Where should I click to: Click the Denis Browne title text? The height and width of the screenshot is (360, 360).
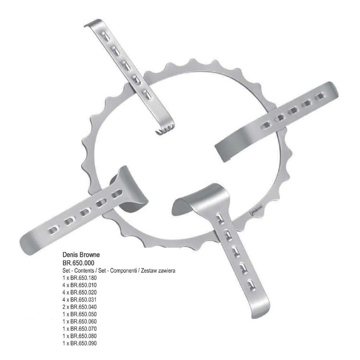[81, 254]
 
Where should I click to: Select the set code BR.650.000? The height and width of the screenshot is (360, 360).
[78, 263]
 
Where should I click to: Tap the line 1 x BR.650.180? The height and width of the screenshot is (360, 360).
[79, 278]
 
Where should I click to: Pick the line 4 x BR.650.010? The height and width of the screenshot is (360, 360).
[79, 285]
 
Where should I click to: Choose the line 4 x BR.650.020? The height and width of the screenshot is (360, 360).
[79, 292]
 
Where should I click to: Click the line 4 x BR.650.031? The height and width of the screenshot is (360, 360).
[79, 300]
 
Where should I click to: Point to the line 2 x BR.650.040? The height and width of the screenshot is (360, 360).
[79, 307]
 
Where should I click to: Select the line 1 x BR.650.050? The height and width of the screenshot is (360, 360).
[79, 314]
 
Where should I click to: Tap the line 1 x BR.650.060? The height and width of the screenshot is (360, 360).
[79, 322]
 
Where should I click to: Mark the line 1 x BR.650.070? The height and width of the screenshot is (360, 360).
[79, 329]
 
